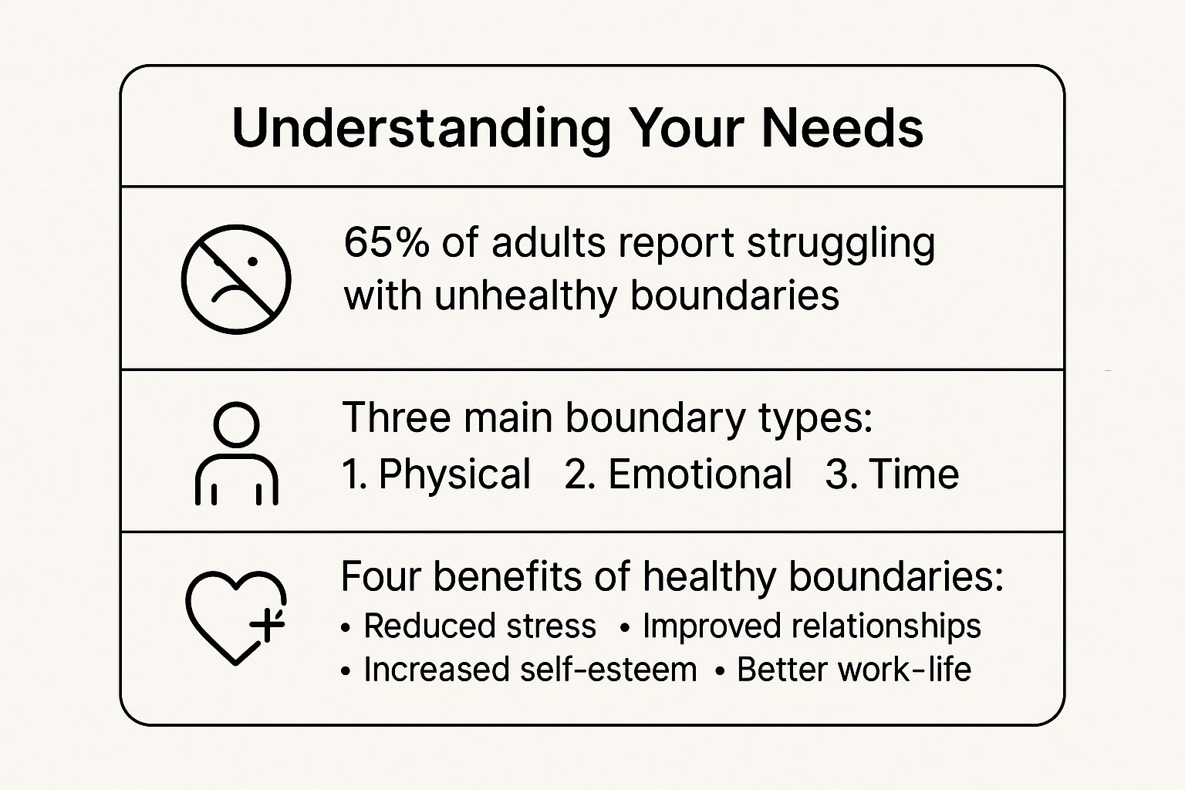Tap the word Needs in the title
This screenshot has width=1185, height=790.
coord(842,129)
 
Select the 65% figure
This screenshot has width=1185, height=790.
coord(387,243)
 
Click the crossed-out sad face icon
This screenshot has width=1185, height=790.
coord(236,279)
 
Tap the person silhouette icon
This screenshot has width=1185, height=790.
coord(237,454)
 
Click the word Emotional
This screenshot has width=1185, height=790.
coord(701,474)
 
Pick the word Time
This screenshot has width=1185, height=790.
coord(913,474)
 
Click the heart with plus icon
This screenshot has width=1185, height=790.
coord(236,618)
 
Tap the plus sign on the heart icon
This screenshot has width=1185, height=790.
coord(267,625)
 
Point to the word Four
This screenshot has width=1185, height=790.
coord(381,576)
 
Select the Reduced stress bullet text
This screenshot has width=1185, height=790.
coord(480,626)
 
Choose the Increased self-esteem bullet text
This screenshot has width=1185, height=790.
coord(531,670)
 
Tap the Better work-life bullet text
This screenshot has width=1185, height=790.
coord(854,670)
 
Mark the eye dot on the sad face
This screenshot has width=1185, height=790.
coord(252,262)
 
